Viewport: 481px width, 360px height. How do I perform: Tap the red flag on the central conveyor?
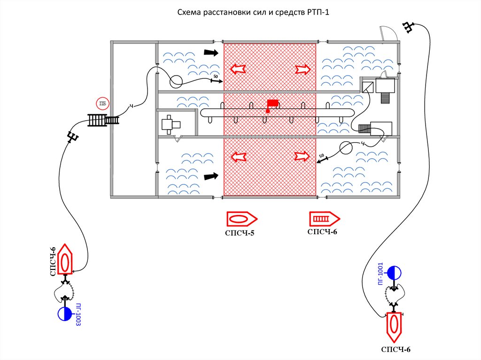pos(272,104)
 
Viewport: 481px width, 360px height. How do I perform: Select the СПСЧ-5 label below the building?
pos(240,232)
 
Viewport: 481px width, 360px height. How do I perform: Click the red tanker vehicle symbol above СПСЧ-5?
pos(241,219)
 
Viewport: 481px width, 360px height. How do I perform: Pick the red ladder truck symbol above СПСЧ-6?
pos(324,219)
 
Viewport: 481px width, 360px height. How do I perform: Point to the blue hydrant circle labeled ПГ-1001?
pos(393,272)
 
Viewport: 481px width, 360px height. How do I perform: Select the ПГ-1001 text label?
pos(381,272)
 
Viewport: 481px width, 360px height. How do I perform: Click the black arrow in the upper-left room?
pos(211,53)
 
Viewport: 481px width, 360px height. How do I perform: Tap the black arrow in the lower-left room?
pos(211,176)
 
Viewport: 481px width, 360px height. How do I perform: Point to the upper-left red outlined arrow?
pos(238,69)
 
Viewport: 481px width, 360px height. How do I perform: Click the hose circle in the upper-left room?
pos(176,82)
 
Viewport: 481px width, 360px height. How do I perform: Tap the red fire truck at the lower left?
pos(65,260)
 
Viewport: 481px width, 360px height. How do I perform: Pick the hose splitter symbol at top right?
pos(409,27)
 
